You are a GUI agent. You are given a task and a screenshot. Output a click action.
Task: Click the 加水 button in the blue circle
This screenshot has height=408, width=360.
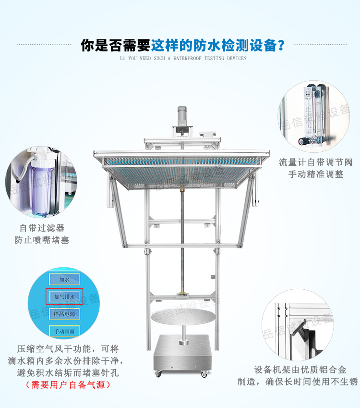[x=64, y=279]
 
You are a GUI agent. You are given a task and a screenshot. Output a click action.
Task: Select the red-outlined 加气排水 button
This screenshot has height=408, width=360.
[x=64, y=297]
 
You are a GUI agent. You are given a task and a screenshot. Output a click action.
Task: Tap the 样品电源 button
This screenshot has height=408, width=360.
[x=64, y=313]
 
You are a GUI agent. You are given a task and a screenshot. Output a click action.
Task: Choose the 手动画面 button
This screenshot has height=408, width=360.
[x=64, y=331]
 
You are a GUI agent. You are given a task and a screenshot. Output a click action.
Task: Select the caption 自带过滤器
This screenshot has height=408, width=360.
[x=42, y=228]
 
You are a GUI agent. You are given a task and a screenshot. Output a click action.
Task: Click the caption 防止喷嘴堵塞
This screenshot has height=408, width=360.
[x=42, y=239]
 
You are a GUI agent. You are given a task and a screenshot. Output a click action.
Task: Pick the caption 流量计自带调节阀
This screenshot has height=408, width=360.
[x=315, y=162]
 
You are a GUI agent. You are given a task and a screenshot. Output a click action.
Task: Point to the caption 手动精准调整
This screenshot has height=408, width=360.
[x=315, y=174]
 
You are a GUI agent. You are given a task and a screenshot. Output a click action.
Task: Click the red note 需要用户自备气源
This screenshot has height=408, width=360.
[x=68, y=384]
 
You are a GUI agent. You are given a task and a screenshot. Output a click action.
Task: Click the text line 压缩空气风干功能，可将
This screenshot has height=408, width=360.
[x=68, y=348]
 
